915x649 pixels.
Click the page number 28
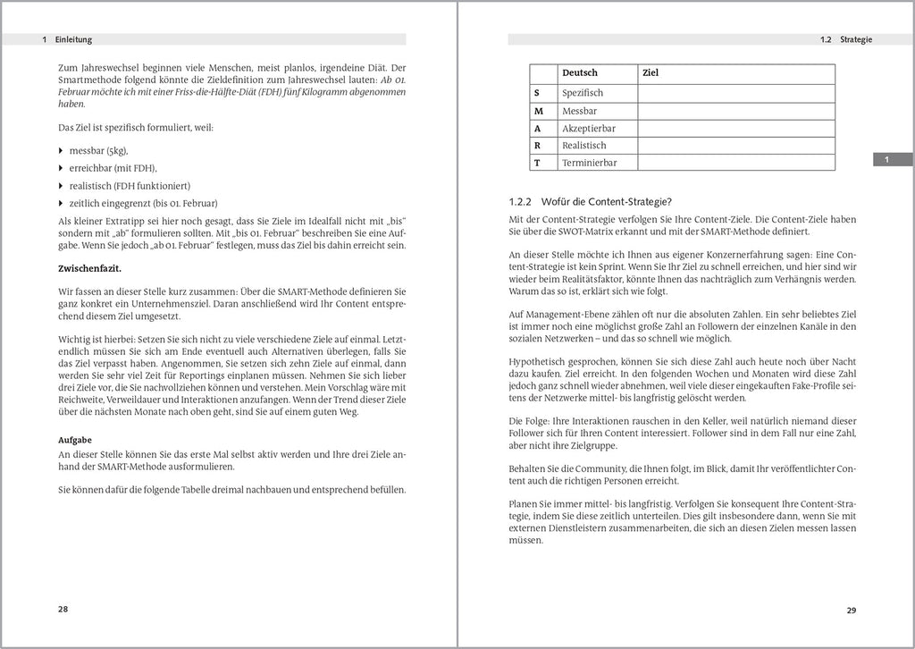63,609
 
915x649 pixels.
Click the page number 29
852,611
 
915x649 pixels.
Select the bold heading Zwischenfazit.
90,268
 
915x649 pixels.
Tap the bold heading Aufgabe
78,441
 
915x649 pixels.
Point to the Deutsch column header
580,72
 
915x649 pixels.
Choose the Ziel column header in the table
651,72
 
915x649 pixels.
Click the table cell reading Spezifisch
583,93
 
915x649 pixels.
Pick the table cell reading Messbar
579,111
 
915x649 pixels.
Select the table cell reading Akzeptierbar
588,128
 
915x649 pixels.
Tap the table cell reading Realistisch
583,146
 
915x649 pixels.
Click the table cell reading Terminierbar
589,163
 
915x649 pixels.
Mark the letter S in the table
537,93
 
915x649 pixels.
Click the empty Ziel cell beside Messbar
735,111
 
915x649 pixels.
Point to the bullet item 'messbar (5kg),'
98,150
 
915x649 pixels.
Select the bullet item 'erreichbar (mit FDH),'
113,168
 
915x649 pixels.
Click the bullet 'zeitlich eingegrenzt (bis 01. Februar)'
143,203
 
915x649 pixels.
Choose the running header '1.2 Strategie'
845,40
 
